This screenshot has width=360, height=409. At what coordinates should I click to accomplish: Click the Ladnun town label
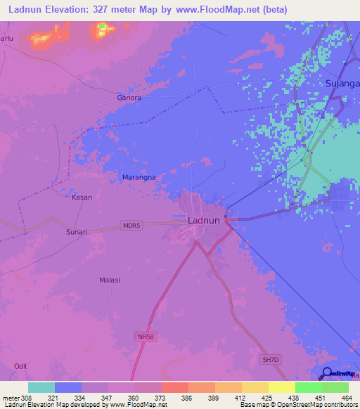pos(206,220)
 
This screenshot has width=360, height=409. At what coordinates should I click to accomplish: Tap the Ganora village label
pos(129,98)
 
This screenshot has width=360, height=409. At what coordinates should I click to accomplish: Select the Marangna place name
pos(139,178)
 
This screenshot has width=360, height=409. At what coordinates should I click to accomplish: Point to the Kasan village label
pos(82,197)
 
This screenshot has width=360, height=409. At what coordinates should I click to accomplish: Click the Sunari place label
pos(77,231)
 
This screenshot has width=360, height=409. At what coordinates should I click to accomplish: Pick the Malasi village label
pos(110,280)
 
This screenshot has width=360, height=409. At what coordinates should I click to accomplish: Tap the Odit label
pos(21,365)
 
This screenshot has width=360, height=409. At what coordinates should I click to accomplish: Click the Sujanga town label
pos(342,83)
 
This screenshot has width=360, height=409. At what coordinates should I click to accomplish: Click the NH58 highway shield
pos(144,337)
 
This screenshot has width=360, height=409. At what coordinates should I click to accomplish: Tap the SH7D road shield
pos(270,361)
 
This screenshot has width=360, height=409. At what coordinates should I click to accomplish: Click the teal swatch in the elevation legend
pos(41,387)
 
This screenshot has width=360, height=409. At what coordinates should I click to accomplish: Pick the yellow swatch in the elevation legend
pos(255,387)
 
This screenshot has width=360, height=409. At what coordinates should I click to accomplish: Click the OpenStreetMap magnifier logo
pos(327,372)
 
